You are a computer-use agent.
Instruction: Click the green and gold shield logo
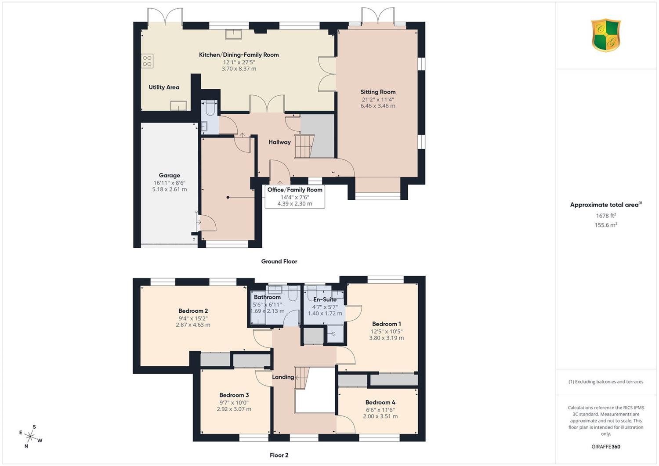(606, 35)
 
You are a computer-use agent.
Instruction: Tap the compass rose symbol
(30, 437)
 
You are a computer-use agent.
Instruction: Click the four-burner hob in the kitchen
(147, 61)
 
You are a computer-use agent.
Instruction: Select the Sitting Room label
(378, 92)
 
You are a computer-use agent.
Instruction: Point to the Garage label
(170, 175)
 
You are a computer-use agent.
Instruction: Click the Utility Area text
(164, 87)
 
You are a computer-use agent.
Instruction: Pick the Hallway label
(279, 142)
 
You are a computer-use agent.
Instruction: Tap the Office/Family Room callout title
(295, 190)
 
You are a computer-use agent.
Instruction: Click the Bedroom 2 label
(193, 311)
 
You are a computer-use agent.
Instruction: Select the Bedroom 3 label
(234, 395)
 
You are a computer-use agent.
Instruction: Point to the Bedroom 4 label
(380, 402)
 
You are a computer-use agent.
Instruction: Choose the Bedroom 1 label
(387, 324)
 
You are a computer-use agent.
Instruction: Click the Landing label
(283, 377)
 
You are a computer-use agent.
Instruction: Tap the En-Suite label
(325, 300)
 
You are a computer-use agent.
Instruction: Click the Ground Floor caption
(279, 261)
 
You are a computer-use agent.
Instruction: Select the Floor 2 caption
(279, 455)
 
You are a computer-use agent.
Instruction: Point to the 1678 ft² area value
(606, 216)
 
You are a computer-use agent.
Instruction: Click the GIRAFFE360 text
(606, 447)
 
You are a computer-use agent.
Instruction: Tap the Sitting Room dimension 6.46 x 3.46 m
(378, 106)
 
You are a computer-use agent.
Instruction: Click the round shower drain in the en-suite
(333, 334)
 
